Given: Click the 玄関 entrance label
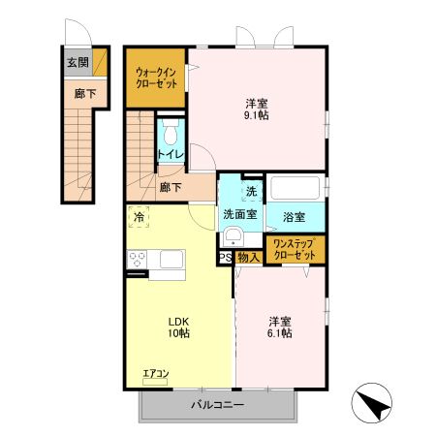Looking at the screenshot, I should pyautogui.click(x=78, y=63).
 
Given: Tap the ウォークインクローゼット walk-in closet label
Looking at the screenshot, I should pyautogui.click(x=155, y=77).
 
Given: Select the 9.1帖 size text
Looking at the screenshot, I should pyautogui.click(x=256, y=115).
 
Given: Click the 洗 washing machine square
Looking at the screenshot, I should pyautogui.click(x=251, y=191).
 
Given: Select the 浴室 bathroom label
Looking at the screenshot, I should pyautogui.click(x=295, y=215).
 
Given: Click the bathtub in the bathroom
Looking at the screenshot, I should pyautogui.click(x=296, y=187).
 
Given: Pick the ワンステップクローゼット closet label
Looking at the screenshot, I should pyautogui.click(x=295, y=249).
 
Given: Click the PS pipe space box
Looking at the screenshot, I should pyautogui.click(x=224, y=258).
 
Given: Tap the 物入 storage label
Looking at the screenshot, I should pyautogui.click(x=247, y=258).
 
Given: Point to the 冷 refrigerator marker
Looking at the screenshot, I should pyautogui.click(x=140, y=218).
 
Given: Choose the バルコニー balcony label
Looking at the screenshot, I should pyautogui.click(x=216, y=405).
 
